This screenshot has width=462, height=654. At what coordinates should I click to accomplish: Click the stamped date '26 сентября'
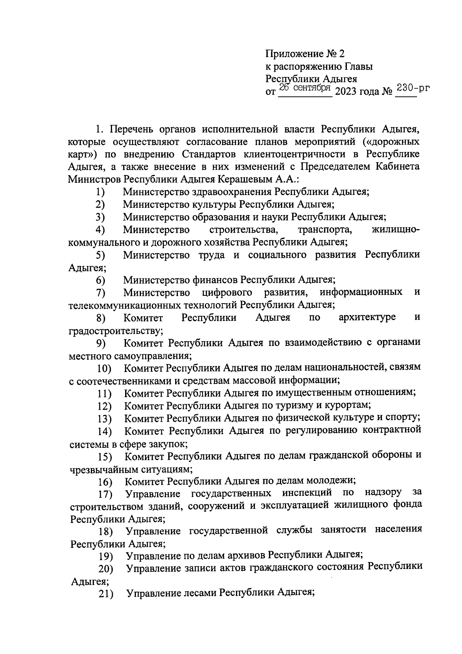pyautogui.click(x=305, y=88)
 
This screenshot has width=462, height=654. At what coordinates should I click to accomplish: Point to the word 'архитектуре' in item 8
pyautogui.click(x=367, y=317)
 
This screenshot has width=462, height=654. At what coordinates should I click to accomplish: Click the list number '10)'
pyautogui.click(x=104, y=369)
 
